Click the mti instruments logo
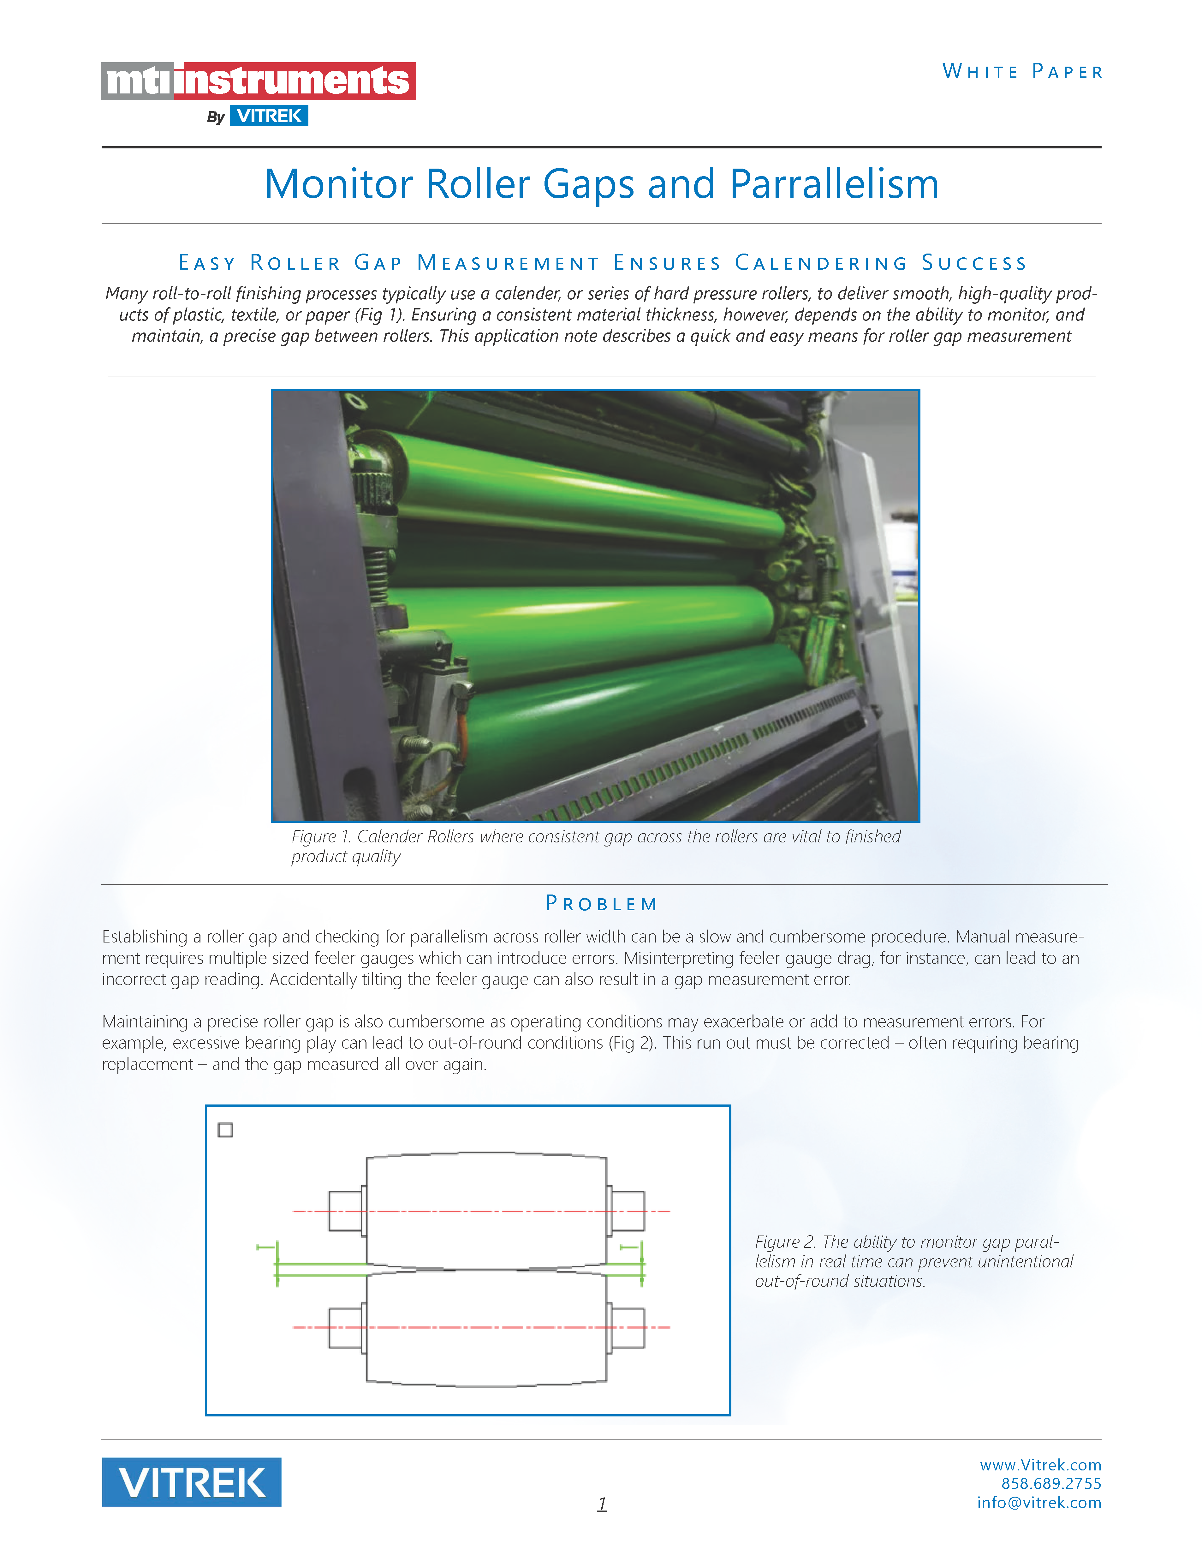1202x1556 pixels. pos(258,81)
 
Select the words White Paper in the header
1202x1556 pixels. pos(1022,72)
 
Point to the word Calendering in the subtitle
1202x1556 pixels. pos(821,263)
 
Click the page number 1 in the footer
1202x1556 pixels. pos(602,1503)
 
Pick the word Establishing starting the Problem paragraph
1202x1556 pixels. pos(146,937)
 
